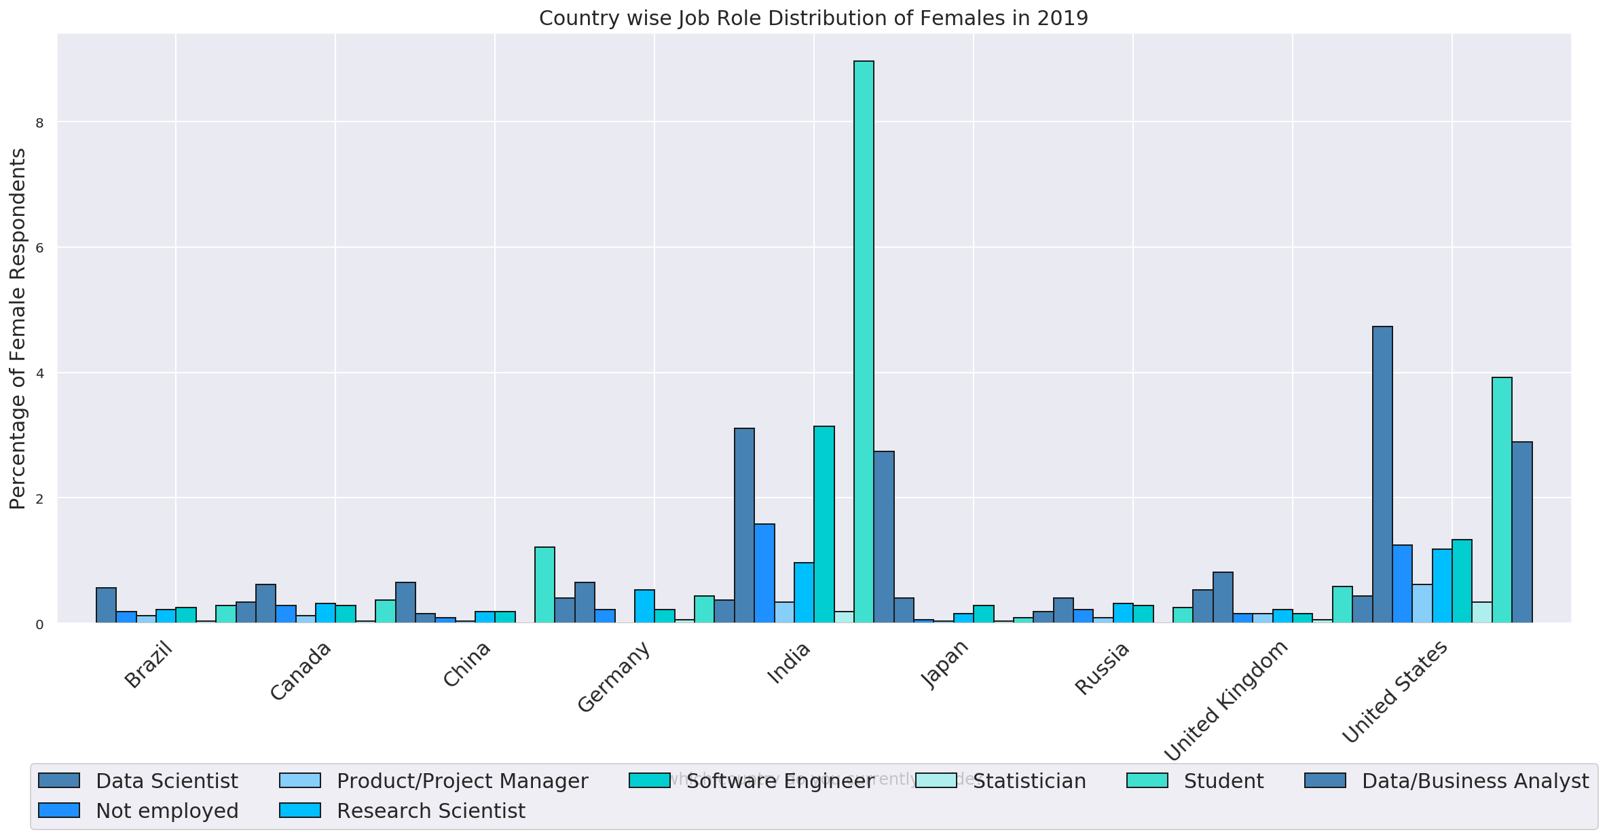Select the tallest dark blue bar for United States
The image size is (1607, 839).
coord(1382,474)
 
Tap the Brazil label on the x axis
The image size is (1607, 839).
coord(149,665)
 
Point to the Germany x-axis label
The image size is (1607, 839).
coord(614,677)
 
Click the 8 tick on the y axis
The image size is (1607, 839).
coord(39,123)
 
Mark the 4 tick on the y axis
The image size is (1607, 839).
coord(39,373)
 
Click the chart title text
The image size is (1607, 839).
coord(813,18)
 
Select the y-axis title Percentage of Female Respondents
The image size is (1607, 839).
coord(18,329)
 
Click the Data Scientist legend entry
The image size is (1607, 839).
coord(167,781)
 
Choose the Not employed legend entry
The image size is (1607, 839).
coord(167,811)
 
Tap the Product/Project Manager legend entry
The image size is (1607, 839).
coord(462,781)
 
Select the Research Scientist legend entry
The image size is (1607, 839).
coord(431,811)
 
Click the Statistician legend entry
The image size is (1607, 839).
coord(1029,781)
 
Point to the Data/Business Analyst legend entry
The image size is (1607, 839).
coord(1475,781)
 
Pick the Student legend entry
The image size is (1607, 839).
coord(1223,781)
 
